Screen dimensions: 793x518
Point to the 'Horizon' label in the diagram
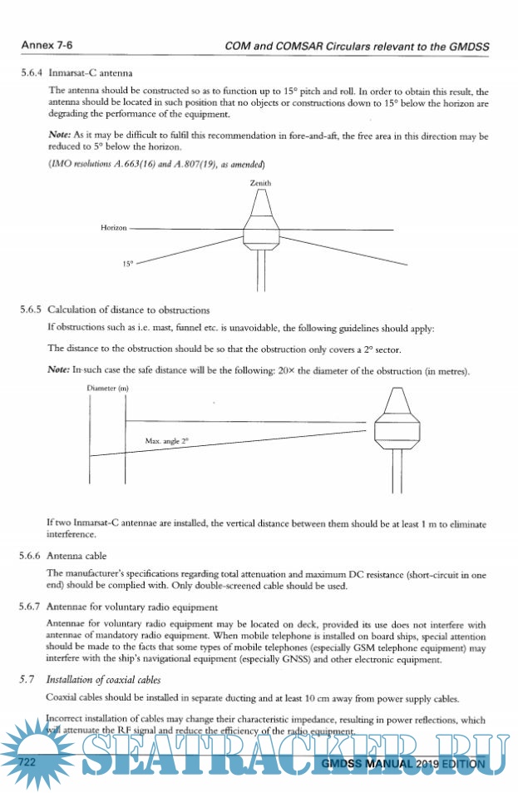pos(114,227)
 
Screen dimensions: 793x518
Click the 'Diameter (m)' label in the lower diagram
pos(107,389)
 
